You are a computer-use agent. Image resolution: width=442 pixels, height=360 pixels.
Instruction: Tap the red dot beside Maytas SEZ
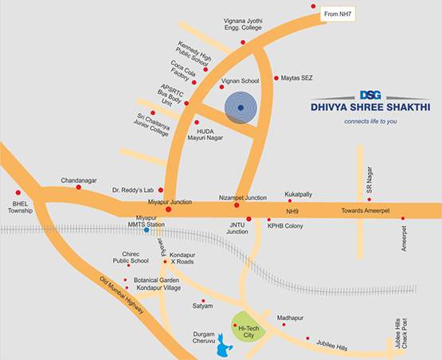click(276, 78)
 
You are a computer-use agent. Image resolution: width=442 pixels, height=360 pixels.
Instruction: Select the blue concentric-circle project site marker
click(241, 108)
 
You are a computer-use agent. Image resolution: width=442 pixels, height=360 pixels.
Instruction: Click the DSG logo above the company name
click(370, 94)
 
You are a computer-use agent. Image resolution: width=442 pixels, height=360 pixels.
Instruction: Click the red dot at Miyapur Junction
click(168, 209)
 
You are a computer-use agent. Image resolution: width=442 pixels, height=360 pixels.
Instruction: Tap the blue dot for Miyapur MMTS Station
click(146, 230)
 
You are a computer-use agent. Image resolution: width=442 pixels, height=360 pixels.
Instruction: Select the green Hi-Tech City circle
click(248, 327)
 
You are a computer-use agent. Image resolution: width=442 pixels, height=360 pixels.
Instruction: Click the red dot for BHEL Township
click(18, 192)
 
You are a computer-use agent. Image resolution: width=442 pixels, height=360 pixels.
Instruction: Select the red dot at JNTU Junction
click(248, 218)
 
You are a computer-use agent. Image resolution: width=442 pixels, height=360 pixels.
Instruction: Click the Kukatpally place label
click(306, 193)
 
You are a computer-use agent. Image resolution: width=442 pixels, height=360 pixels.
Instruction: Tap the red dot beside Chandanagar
click(78, 187)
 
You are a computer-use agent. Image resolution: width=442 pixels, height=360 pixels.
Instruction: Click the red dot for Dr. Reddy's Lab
click(161, 190)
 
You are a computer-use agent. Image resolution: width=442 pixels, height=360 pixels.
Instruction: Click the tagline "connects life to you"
click(370, 121)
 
